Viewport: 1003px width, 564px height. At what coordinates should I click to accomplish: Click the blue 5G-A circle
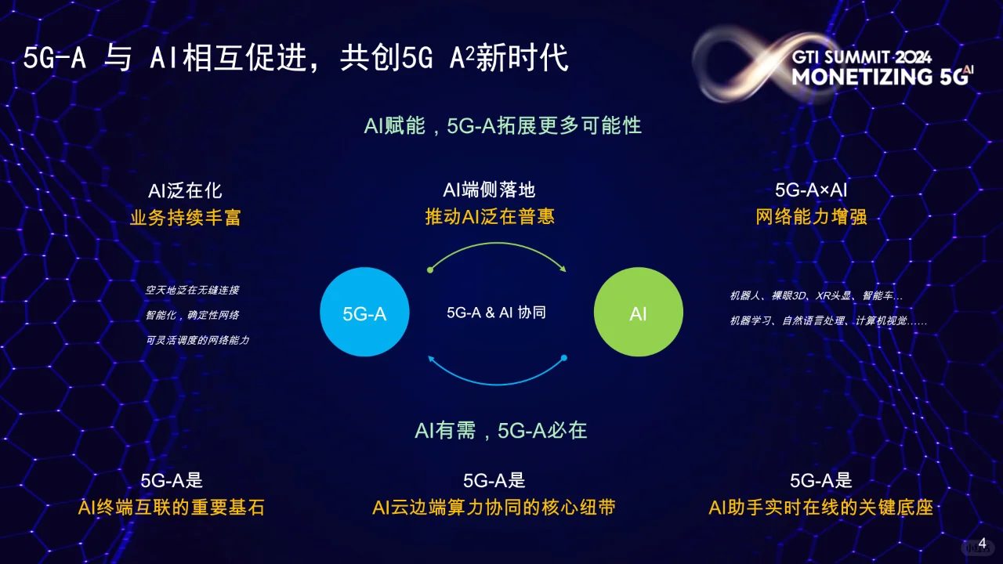pos(364,313)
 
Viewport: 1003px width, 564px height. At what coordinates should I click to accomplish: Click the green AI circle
pos(638,313)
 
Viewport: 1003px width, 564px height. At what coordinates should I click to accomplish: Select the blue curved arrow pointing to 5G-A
pos(497,379)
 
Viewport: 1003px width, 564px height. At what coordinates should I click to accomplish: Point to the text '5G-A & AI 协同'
pos(496,313)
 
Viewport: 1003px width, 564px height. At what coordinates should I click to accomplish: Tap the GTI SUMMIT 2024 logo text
pos(862,57)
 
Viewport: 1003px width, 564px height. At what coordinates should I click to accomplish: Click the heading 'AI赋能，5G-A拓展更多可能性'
pos(502,125)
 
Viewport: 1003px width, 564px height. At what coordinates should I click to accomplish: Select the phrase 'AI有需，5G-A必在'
pos(501,430)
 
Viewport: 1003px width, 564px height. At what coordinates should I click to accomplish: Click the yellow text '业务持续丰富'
pos(185,217)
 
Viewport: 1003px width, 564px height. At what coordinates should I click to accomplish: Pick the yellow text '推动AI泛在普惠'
pos(490,216)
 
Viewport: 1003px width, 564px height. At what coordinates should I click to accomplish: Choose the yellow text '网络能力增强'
pos(811,216)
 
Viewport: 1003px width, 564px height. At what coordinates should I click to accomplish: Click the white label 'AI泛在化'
pos(185,190)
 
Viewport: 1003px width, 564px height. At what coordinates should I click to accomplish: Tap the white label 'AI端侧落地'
pos(490,190)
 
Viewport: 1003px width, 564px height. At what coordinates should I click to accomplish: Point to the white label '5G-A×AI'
pos(811,190)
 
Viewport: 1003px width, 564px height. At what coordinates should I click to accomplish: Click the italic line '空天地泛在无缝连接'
pos(192,290)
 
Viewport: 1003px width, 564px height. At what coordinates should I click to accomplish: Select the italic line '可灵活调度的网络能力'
pos(197,340)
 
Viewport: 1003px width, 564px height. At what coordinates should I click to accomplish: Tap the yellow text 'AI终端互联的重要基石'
pos(172,508)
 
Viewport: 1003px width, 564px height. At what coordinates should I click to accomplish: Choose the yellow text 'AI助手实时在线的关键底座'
pos(820,508)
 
